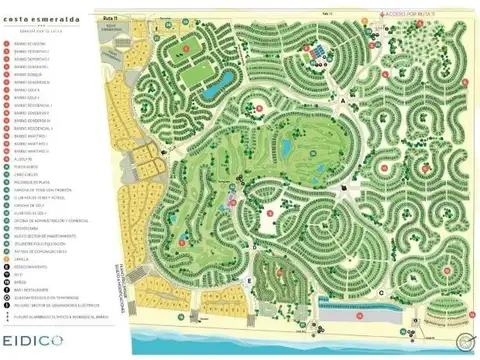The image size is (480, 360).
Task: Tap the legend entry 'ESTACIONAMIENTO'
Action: click(x=36, y=267)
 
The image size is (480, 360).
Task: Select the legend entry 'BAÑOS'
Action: click(x=30, y=285)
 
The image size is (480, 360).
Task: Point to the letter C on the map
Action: click(x=383, y=293)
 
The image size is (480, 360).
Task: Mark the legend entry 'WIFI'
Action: click(x=29, y=276)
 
